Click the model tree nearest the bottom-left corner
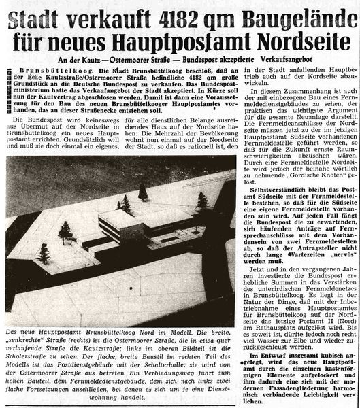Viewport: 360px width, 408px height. click(44, 253)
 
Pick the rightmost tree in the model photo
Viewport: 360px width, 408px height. click(202, 201)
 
